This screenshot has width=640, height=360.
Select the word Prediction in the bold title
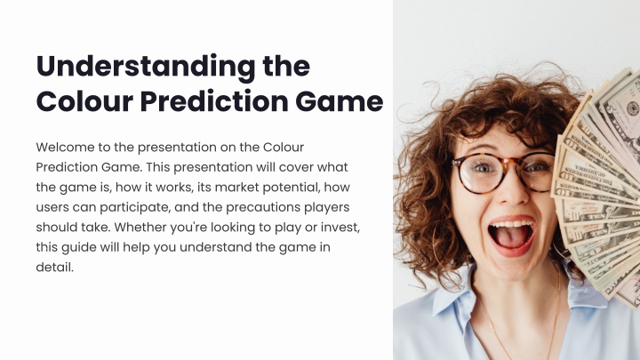[214, 100]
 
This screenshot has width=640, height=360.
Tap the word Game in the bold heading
[340, 101]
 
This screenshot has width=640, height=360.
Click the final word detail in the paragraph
[55, 267]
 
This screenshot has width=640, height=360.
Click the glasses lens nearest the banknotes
[538, 171]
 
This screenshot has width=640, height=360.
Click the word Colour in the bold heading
[85, 101]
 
